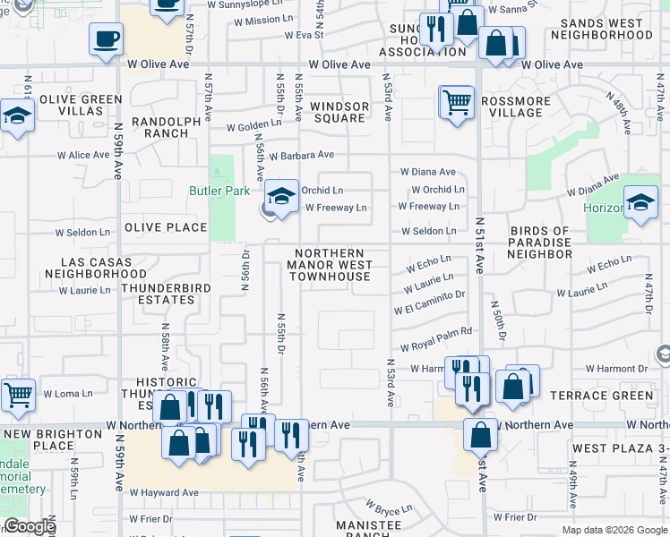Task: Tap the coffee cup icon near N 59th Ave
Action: click(107, 39)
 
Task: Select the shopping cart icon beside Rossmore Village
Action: click(457, 102)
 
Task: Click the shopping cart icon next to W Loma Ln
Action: click(17, 394)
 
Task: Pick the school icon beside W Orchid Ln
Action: click(281, 196)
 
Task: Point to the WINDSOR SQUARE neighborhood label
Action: click(339, 112)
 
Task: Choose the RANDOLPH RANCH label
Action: click(160, 127)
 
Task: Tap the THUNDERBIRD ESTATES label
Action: click(146, 294)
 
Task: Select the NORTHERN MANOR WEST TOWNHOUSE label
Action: click(331, 265)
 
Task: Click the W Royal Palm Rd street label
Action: click(436, 345)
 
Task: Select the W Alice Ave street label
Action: click(82, 155)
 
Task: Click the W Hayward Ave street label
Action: click(163, 492)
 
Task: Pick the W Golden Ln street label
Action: click(253, 126)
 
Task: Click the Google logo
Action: click(30, 527)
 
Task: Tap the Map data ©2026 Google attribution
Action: click(614, 530)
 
